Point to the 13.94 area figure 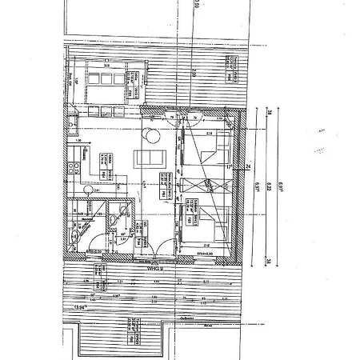pos(80,306)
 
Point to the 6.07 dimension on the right pos(258,186)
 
